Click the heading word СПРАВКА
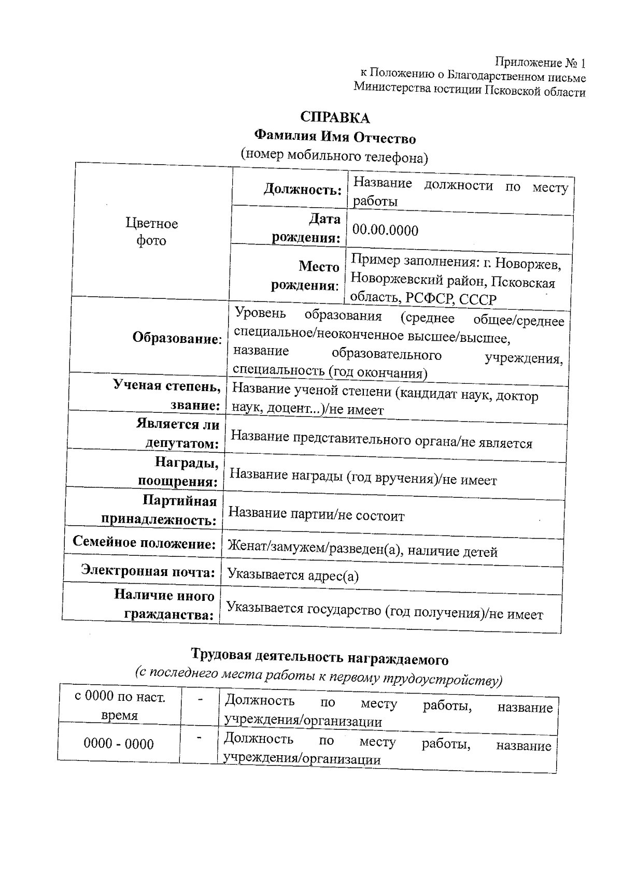(x=335, y=118)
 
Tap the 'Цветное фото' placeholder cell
(x=151, y=232)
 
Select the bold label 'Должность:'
(x=303, y=190)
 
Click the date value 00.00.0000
(x=385, y=230)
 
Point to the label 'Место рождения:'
(x=306, y=276)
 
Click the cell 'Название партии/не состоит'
(x=316, y=514)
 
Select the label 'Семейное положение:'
(x=144, y=543)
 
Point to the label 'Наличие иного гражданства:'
(x=164, y=605)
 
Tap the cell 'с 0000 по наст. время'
(x=120, y=705)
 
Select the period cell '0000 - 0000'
(x=119, y=744)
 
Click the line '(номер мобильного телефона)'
(x=334, y=156)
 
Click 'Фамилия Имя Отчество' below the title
(x=335, y=138)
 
